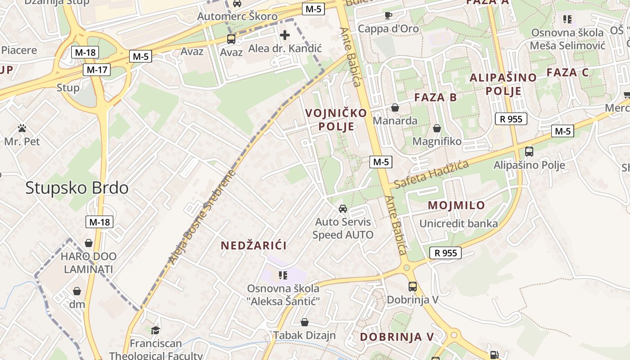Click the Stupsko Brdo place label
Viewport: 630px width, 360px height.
(x=77, y=188)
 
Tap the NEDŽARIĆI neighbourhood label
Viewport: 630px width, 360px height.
(x=254, y=245)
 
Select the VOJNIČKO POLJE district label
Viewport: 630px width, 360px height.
(x=336, y=120)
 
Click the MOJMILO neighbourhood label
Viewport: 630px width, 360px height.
(x=456, y=205)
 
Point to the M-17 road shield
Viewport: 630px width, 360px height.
(x=97, y=70)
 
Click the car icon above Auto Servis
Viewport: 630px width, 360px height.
(x=343, y=209)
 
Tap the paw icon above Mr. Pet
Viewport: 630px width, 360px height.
(x=22, y=129)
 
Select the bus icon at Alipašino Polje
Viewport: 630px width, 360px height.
(x=529, y=152)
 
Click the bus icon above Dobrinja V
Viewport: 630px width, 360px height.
(x=412, y=287)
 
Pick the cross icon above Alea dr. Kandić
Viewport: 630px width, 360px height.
(x=285, y=35)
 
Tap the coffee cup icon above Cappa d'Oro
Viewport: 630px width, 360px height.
(x=388, y=15)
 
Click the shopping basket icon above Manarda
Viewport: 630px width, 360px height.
(x=395, y=108)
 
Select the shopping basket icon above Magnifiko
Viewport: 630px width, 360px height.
(x=436, y=129)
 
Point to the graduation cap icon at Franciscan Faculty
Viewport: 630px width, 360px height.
(x=155, y=330)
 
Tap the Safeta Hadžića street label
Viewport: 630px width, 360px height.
(x=431, y=175)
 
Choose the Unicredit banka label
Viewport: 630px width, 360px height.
(x=459, y=224)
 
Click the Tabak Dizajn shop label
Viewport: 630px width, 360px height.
(x=305, y=335)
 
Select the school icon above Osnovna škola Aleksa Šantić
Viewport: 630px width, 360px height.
(x=283, y=275)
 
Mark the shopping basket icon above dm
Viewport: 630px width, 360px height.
(x=77, y=291)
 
